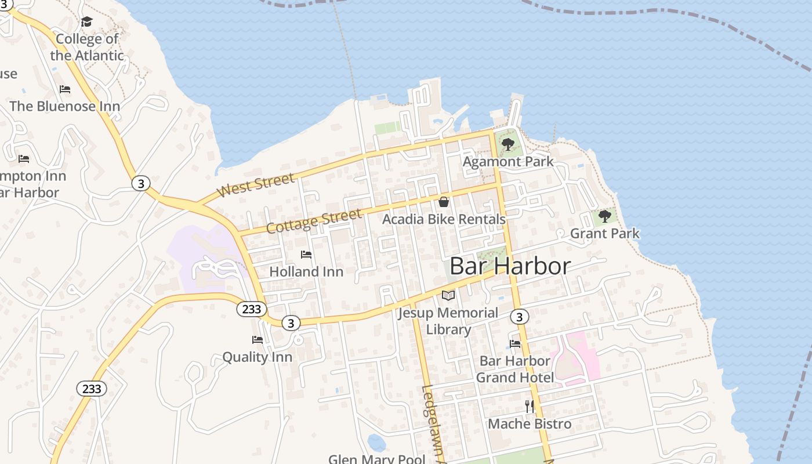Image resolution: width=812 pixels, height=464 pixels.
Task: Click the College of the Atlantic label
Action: [87, 47]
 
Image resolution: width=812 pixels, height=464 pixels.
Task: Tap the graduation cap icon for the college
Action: [86, 22]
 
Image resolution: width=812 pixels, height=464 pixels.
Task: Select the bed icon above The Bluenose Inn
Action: [65, 89]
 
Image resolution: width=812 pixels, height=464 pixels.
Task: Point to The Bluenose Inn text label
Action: [65, 106]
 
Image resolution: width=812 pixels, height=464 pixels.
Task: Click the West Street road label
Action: [255, 185]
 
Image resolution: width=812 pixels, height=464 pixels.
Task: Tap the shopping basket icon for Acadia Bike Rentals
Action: [444, 202]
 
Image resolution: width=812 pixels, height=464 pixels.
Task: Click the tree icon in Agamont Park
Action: [508, 144]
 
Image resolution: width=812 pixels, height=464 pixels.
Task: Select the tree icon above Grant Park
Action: [605, 216]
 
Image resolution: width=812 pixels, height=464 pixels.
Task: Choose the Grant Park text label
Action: [605, 233]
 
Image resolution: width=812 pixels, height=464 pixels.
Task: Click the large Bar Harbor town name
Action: [510, 266]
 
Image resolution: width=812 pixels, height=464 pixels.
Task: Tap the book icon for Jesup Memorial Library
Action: [448, 295]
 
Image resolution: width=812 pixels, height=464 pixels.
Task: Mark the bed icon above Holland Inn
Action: [306, 255]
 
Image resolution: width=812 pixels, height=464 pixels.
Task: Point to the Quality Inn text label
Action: [258, 357]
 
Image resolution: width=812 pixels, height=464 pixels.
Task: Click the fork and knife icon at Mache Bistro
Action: [530, 406]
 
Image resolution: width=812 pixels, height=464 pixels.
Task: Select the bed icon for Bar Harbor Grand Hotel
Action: [515, 343]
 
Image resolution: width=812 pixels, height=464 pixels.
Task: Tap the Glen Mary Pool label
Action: [377, 459]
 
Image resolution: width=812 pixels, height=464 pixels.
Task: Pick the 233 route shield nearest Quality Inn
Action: [251, 309]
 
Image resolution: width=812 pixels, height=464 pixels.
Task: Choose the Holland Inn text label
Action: [306, 271]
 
